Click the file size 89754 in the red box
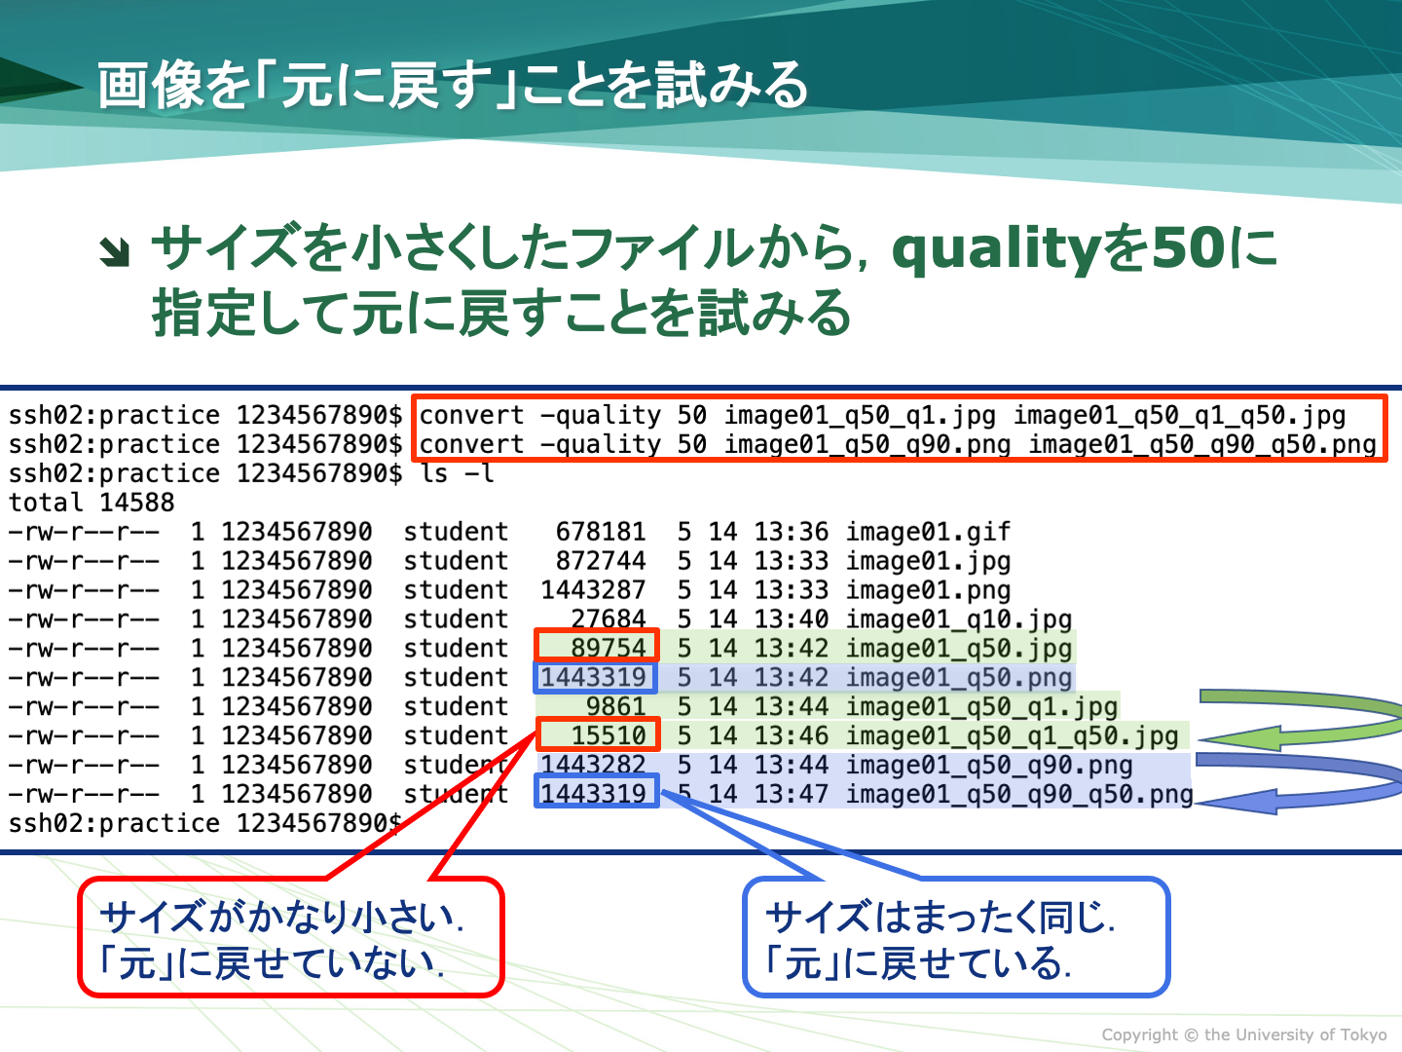point(609,648)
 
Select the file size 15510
point(609,735)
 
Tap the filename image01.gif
point(928,532)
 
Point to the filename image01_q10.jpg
point(959,620)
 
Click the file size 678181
point(601,532)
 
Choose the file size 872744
point(601,561)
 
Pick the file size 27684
point(609,619)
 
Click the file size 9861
point(615,706)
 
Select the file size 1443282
point(593,765)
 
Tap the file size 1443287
point(593,589)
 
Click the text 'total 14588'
point(92,503)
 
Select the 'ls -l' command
point(458,473)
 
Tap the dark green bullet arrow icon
point(115,251)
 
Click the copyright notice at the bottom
point(1244,1034)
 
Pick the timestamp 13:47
point(792,794)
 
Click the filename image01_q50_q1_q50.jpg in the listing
point(1012,736)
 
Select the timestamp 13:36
point(792,532)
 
